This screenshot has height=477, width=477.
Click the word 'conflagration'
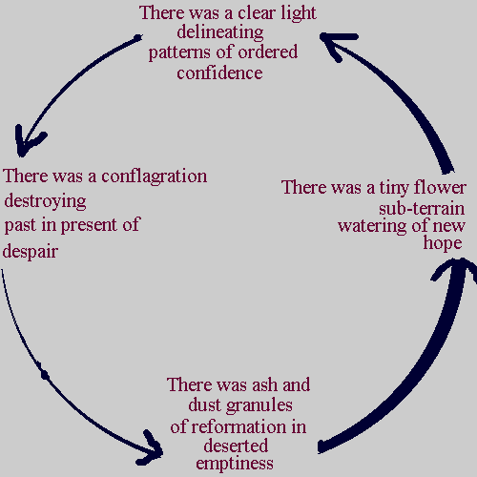tap(154, 176)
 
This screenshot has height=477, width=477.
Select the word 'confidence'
tap(219, 73)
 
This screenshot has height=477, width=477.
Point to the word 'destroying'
tap(45, 201)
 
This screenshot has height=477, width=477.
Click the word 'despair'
tap(31, 252)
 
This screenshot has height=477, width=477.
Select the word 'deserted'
tap(235, 445)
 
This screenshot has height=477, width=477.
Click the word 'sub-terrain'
tap(421, 207)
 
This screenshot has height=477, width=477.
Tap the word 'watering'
tap(376, 226)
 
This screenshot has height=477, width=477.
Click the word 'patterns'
tap(181, 52)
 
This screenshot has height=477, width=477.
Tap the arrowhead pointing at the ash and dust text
tap(155, 446)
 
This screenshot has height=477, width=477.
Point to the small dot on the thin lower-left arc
tap(44, 375)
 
